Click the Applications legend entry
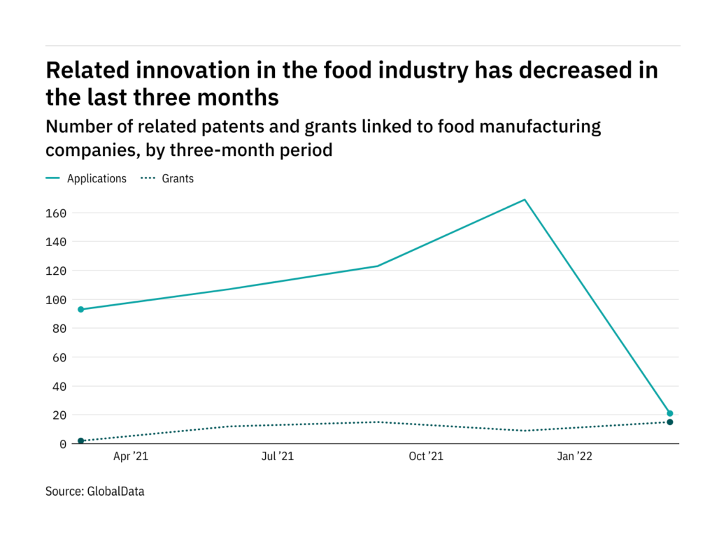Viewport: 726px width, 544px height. pos(97,178)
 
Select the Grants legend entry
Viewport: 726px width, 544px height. pos(178,178)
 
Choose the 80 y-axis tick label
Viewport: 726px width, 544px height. pos(59,329)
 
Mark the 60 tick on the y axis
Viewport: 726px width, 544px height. pos(59,357)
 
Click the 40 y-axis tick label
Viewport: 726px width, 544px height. pos(59,387)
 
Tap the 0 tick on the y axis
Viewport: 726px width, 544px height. pos(62,444)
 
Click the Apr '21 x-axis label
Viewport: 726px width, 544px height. pos(130,457)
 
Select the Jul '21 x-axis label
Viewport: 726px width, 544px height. pos(277,457)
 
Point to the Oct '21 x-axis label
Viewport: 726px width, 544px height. pos(426,457)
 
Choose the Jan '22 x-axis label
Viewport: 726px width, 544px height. pos(574,457)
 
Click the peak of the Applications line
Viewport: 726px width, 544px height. pos(524,200)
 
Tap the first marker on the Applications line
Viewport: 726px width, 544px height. pos(81,309)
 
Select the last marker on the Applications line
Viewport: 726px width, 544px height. pos(669,413)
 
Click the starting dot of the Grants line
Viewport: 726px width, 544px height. pos(81,441)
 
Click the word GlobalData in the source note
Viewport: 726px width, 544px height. pos(115,492)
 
